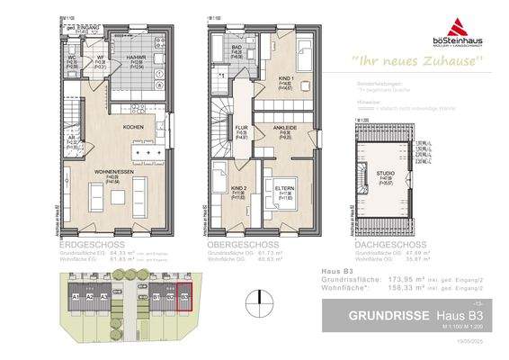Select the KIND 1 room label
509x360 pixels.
(287, 80)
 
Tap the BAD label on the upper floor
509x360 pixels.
(237, 46)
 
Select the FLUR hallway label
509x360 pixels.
(241, 129)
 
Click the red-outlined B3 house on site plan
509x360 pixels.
(184, 299)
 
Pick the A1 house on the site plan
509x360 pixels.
(77, 298)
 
